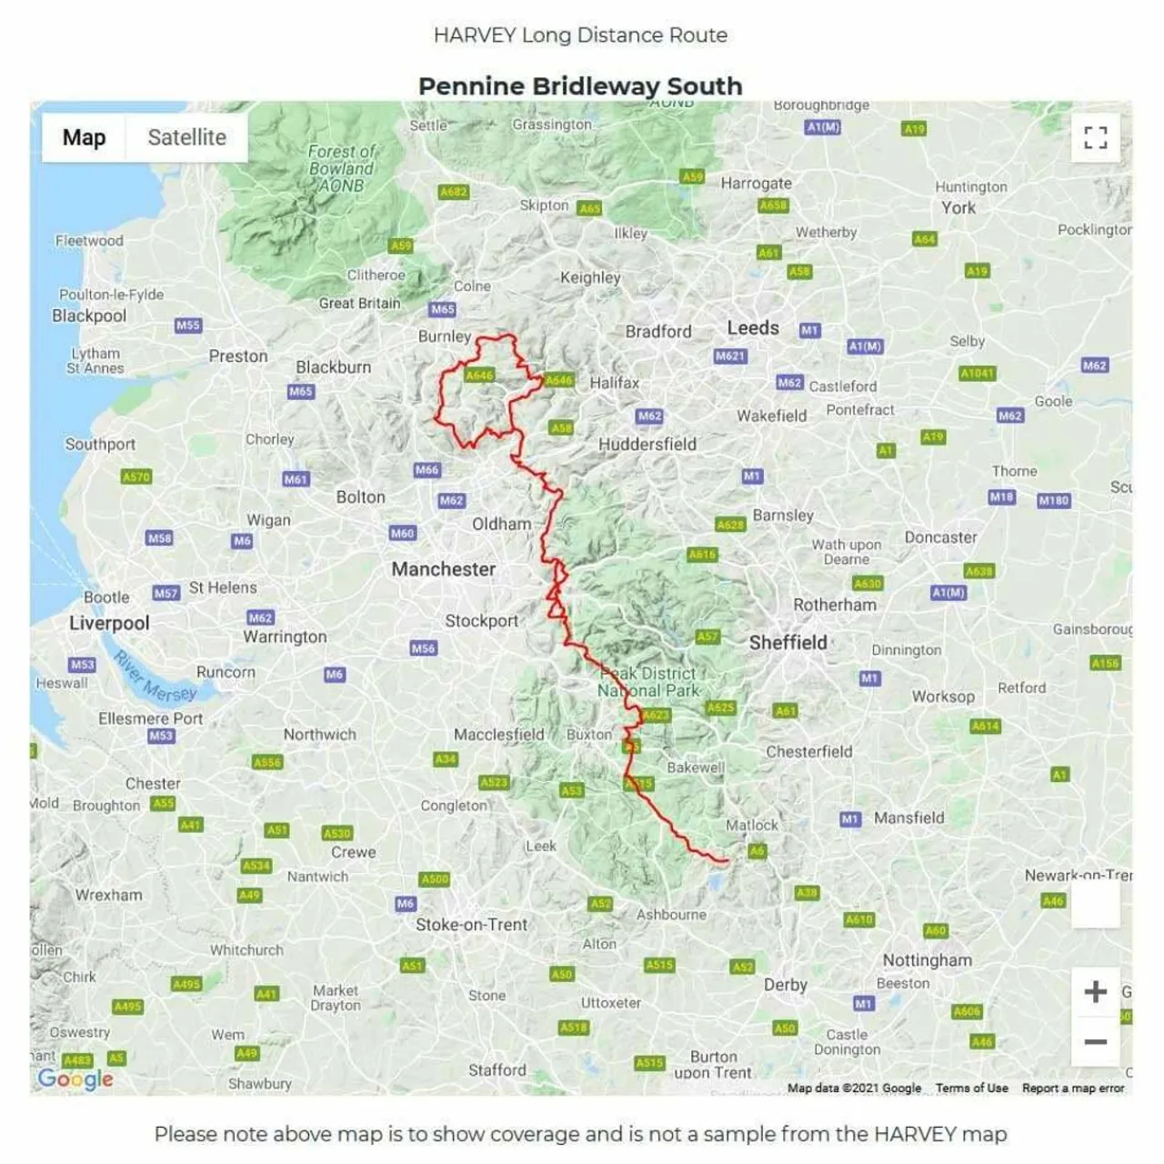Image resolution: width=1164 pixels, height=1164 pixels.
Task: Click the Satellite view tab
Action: coord(186,137)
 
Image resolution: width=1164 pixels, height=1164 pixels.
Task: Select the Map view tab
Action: coord(84,137)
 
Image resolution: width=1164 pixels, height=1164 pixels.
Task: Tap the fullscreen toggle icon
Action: coord(1095,137)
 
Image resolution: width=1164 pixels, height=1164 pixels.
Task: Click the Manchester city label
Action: coord(444,569)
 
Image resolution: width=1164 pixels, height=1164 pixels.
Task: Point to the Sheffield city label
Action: coord(788,642)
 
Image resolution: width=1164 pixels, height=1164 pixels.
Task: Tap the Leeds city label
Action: coord(753,328)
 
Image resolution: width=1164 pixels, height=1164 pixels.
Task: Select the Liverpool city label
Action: coord(109,623)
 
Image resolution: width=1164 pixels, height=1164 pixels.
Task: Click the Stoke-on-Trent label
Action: coord(471,925)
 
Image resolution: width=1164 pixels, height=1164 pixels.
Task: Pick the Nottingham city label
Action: coord(927,960)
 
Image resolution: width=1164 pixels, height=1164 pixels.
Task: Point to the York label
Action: coord(958,207)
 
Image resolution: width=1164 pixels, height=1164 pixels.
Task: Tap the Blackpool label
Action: coord(89,316)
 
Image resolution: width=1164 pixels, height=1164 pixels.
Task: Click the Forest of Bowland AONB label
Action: coord(341,168)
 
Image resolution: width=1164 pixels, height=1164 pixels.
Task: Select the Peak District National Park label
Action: coord(648,682)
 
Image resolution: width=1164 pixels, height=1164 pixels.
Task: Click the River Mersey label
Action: coord(155,678)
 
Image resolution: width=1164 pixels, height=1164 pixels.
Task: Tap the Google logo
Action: coord(75,1079)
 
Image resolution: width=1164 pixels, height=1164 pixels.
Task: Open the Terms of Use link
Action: coord(971,1089)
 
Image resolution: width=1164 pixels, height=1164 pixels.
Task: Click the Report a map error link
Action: coord(1073,1089)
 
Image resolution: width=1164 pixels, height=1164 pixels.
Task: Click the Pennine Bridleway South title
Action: coord(580,86)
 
